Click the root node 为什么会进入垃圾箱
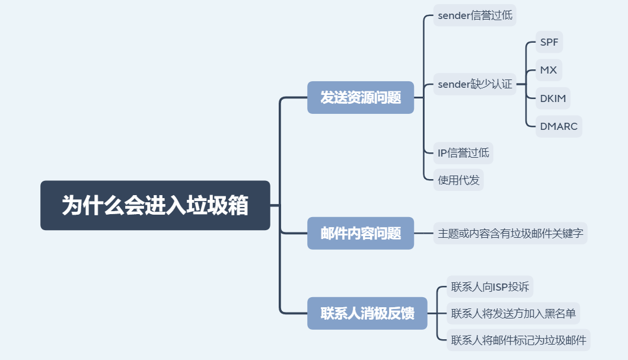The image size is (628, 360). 155,205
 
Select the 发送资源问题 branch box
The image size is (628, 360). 361,97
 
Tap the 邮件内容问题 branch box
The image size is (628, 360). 361,233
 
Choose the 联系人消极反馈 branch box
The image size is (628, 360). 367,313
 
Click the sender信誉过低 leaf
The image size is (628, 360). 474,15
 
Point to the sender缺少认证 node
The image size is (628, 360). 474,84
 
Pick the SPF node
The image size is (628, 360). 549,42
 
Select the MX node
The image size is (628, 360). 549,70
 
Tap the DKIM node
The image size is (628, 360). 553,98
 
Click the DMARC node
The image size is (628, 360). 559,126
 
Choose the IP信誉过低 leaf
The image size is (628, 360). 463,153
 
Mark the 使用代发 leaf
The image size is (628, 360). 458,180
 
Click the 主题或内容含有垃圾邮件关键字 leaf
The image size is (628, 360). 510,233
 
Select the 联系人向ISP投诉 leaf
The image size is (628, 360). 490,286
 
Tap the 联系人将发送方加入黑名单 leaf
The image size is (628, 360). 513,313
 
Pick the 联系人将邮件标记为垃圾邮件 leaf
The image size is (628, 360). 518,340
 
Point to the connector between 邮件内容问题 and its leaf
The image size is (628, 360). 424,233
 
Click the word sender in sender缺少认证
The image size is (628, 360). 454,84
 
